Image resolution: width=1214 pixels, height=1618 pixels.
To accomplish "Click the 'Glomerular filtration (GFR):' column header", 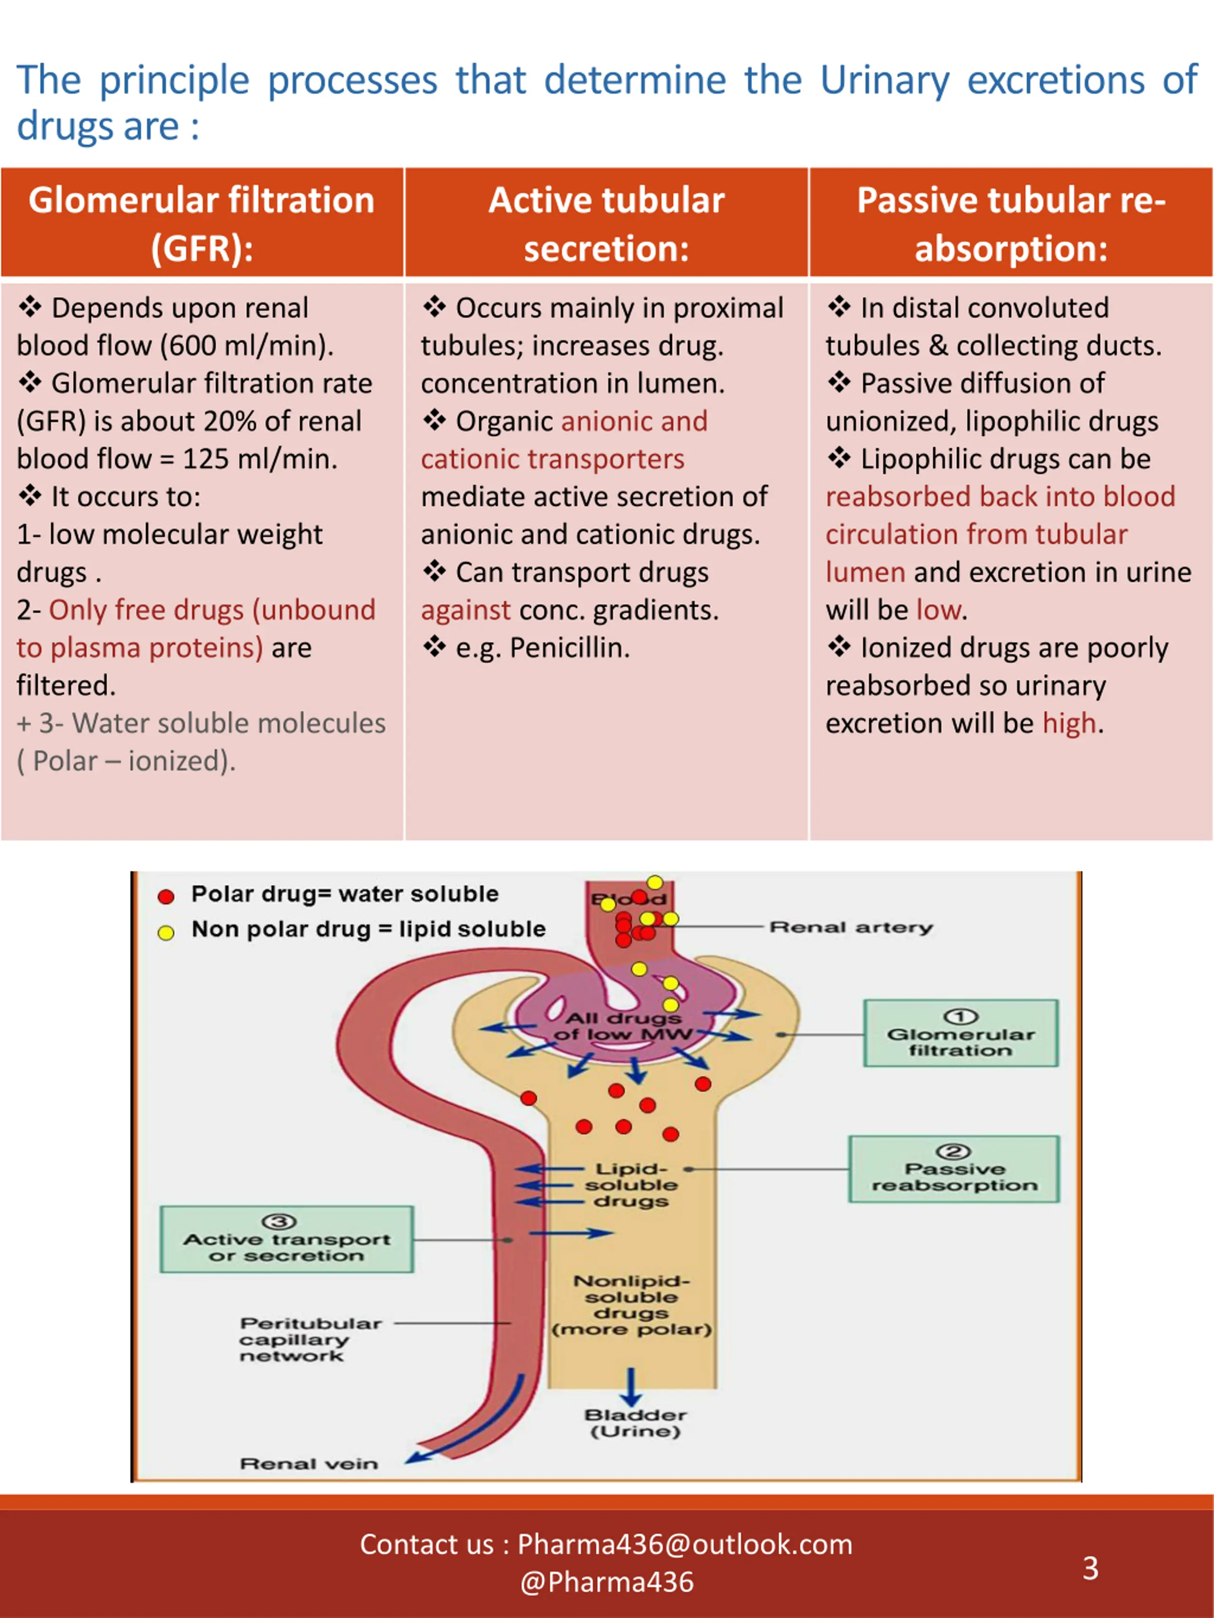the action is click(202, 222).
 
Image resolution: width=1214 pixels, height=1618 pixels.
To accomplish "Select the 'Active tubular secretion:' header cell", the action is click(606, 222).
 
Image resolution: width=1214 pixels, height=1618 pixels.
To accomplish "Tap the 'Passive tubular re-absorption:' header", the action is click(1011, 222).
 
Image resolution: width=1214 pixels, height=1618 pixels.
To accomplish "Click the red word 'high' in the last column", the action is click(1069, 723).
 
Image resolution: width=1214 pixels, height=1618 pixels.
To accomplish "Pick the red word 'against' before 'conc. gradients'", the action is click(465, 611).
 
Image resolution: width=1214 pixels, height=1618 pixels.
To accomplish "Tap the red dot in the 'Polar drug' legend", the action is click(166, 896).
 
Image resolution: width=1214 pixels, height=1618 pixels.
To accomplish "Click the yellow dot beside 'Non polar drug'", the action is click(166, 932).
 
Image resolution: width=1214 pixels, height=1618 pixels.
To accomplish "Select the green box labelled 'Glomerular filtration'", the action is click(961, 1033).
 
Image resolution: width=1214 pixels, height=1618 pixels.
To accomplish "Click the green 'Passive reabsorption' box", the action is click(954, 1169).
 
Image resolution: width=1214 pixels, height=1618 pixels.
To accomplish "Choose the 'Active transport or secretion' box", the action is click(287, 1239).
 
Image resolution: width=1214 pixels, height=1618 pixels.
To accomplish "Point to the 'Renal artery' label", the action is click(851, 927).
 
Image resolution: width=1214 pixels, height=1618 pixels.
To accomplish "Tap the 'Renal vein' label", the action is click(309, 1463).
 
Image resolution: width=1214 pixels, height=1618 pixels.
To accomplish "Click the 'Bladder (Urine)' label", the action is click(635, 1424).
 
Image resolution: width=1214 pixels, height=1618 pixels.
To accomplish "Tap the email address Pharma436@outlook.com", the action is click(685, 1544).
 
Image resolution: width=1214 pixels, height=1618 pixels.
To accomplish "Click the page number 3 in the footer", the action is click(1090, 1568).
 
